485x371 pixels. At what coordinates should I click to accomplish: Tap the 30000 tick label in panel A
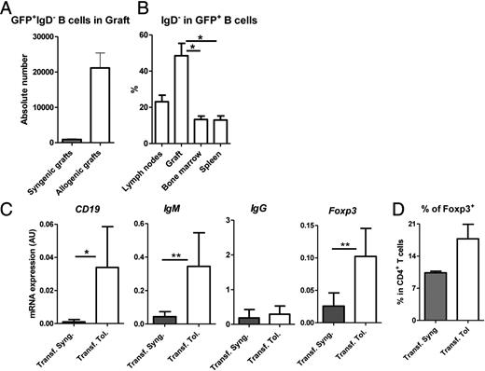(40, 36)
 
